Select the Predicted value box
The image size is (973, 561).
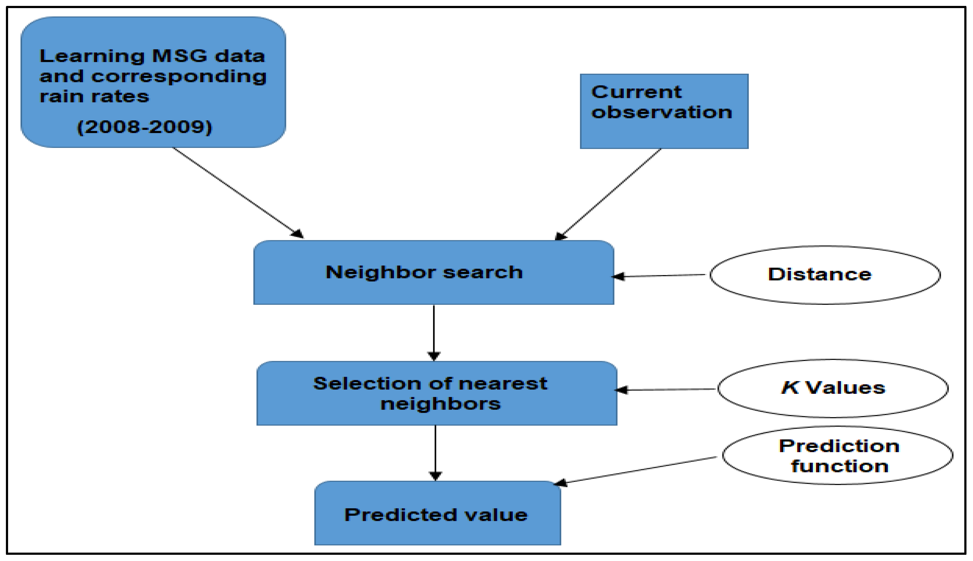click(437, 514)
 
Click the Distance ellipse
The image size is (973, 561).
click(825, 275)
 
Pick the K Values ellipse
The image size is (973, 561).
click(833, 389)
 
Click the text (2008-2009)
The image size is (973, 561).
click(145, 127)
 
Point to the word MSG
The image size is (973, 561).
click(180, 56)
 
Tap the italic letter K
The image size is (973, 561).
click(790, 388)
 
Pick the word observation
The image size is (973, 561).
click(661, 113)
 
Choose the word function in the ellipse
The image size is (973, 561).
click(840, 467)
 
